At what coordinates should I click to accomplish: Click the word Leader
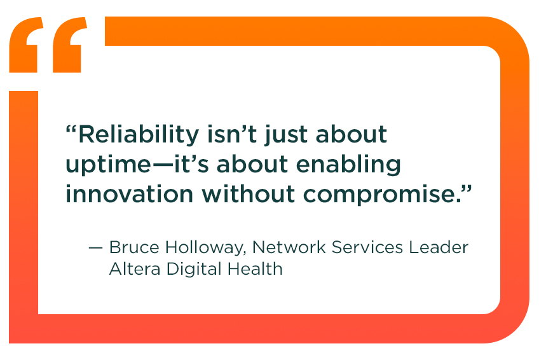(440, 247)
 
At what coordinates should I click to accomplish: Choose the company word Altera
(135, 268)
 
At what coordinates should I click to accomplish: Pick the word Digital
(193, 270)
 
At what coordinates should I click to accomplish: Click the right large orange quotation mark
(70, 45)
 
